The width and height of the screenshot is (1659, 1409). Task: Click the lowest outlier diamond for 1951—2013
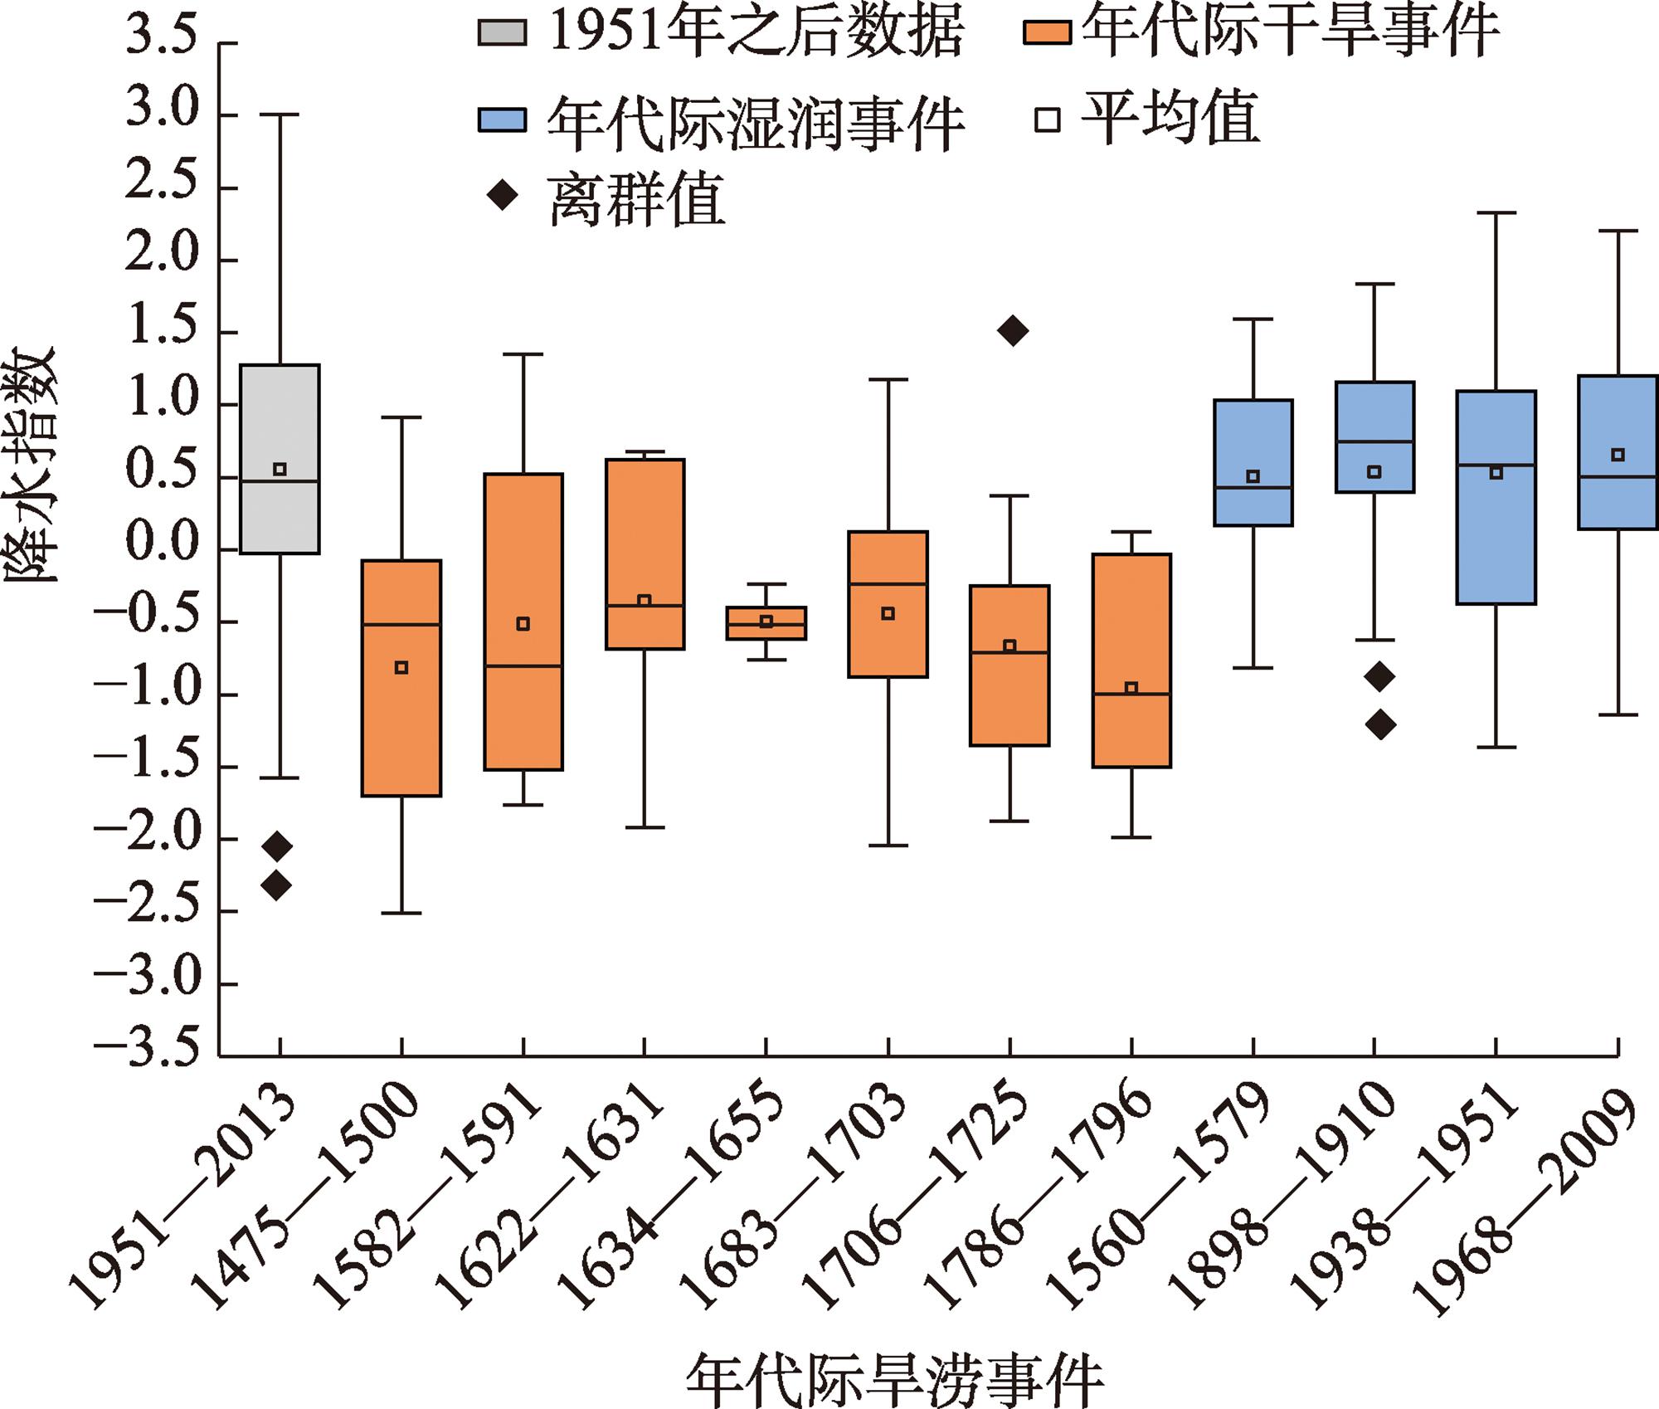pyautogui.click(x=277, y=885)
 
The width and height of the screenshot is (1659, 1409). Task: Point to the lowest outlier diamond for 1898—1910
pyautogui.click(x=1380, y=725)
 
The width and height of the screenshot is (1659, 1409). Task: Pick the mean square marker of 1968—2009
pyautogui.click(x=1618, y=455)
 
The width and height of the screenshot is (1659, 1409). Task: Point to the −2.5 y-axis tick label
pyautogui.click(x=149, y=910)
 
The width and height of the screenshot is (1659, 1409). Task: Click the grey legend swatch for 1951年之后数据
pyautogui.click(x=502, y=32)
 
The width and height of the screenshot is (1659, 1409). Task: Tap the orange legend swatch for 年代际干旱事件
pyautogui.click(x=1047, y=32)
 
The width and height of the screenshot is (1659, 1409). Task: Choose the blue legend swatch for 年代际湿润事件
pyautogui.click(x=502, y=120)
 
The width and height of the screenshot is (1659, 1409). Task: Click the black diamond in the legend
pyautogui.click(x=503, y=197)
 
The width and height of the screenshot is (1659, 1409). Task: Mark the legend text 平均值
pyautogui.click(x=1170, y=119)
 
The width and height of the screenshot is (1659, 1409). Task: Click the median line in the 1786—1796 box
pyautogui.click(x=1131, y=694)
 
